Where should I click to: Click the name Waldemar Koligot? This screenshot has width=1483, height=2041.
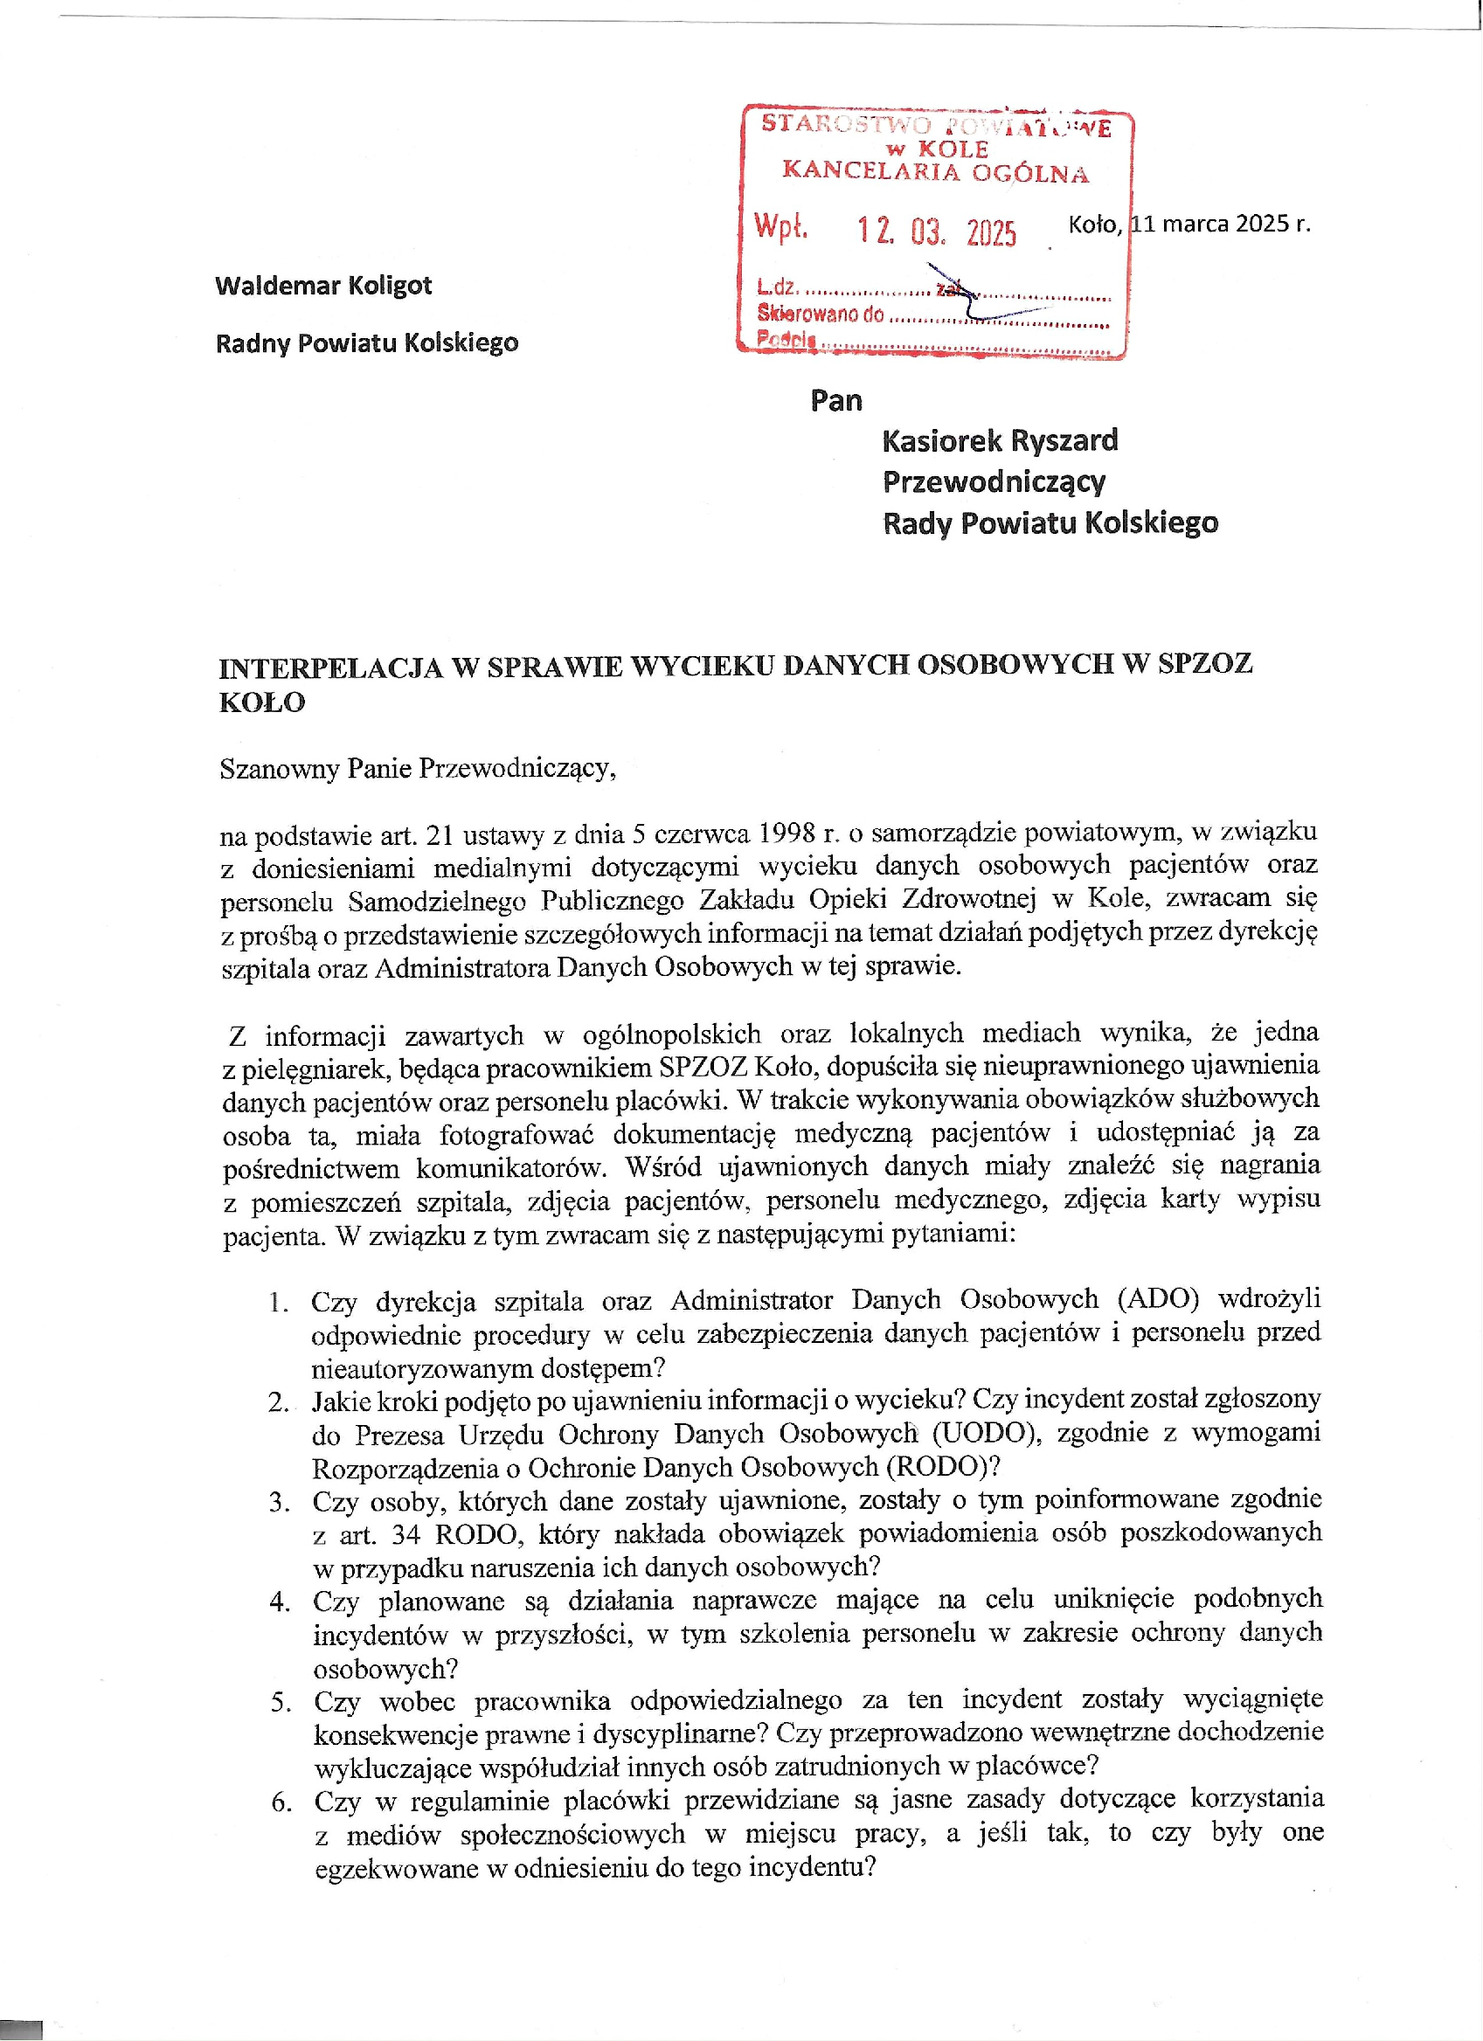323,286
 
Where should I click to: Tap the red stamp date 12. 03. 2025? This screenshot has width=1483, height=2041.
936,232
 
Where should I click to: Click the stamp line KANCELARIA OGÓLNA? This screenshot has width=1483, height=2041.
935,171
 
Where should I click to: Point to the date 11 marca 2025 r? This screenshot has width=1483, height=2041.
1220,223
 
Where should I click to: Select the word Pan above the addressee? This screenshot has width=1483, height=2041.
836,400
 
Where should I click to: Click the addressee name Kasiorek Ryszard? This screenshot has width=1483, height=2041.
1000,441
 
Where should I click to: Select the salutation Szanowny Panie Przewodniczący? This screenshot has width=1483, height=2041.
418,769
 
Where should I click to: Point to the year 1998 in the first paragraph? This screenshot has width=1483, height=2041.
786,834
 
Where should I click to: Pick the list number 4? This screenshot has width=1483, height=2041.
280,1601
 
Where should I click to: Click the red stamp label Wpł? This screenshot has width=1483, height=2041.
780,226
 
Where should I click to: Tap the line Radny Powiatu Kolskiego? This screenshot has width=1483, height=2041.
367,342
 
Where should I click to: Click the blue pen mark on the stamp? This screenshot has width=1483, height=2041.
972,297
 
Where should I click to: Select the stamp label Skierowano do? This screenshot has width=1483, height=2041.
820,314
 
